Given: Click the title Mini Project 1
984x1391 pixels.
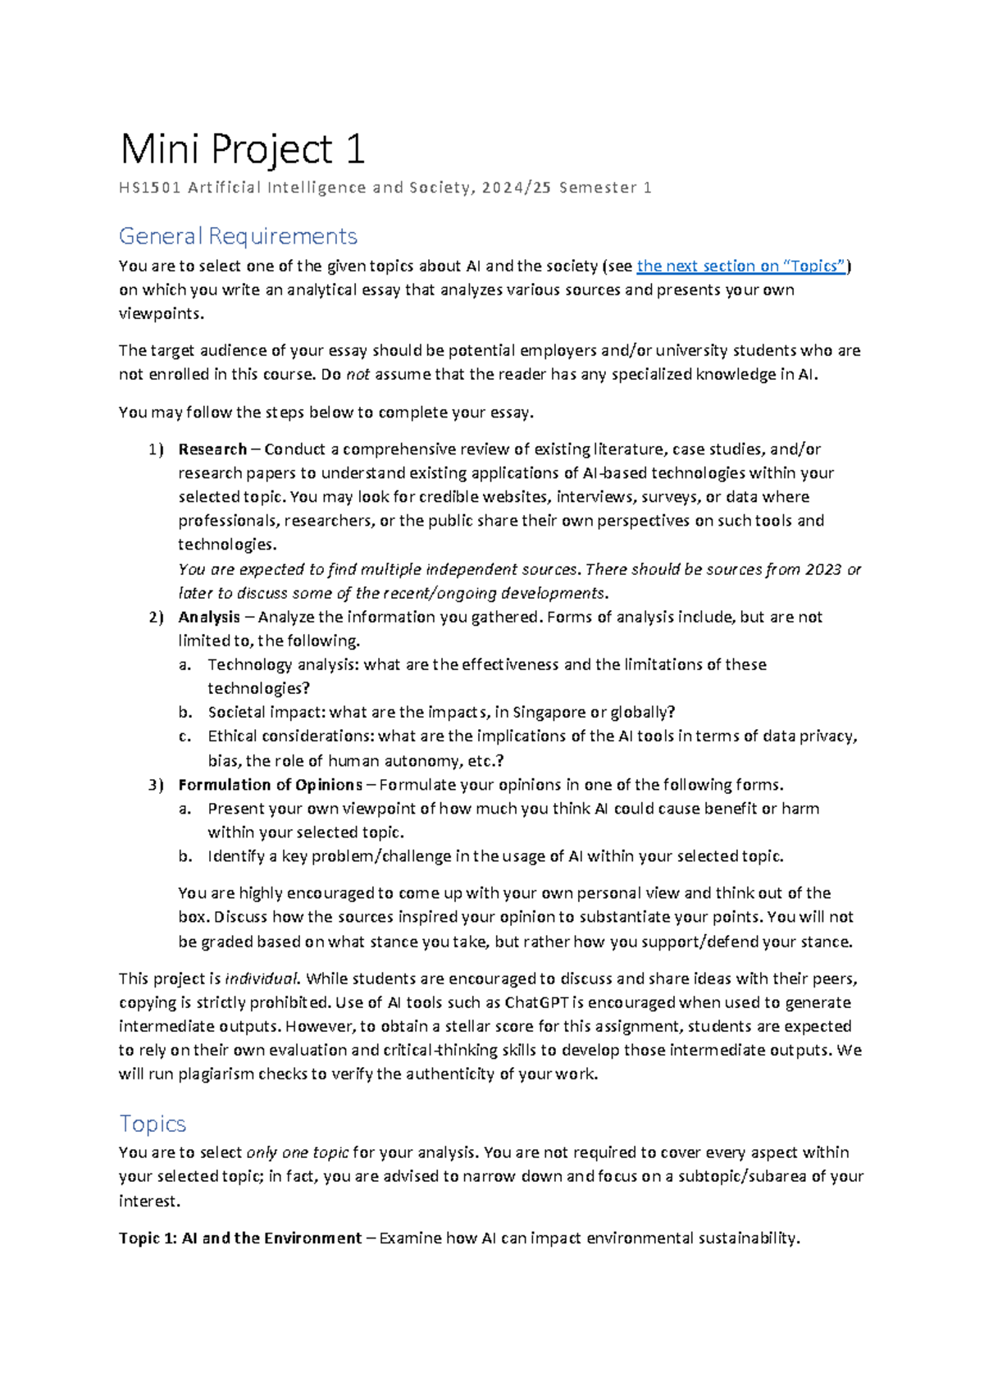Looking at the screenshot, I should [x=242, y=150].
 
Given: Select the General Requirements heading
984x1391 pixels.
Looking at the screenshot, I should [x=238, y=236].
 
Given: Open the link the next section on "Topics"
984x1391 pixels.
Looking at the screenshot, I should [x=741, y=266].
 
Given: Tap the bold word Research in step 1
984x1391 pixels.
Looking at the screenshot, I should [x=212, y=449].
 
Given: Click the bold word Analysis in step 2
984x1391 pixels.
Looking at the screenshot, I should [x=209, y=617].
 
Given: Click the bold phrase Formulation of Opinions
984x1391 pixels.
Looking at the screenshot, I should [x=271, y=785].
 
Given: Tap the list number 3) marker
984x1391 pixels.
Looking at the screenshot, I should [x=156, y=785].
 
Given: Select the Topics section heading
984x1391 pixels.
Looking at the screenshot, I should [x=153, y=1124].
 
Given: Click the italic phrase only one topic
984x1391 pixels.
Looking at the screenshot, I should [x=298, y=1152].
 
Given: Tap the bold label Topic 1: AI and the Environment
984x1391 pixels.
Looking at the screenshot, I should [x=240, y=1238].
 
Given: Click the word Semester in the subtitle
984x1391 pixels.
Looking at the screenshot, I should [x=598, y=188].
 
